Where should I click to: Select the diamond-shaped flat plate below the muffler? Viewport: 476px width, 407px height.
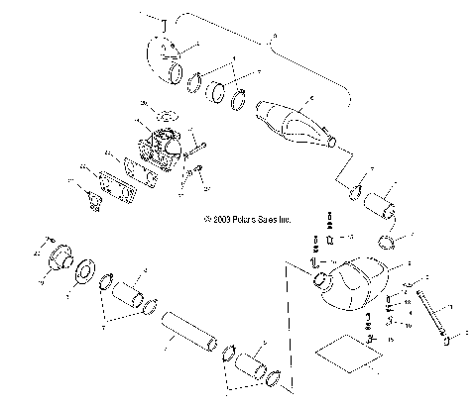(x=347, y=355)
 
